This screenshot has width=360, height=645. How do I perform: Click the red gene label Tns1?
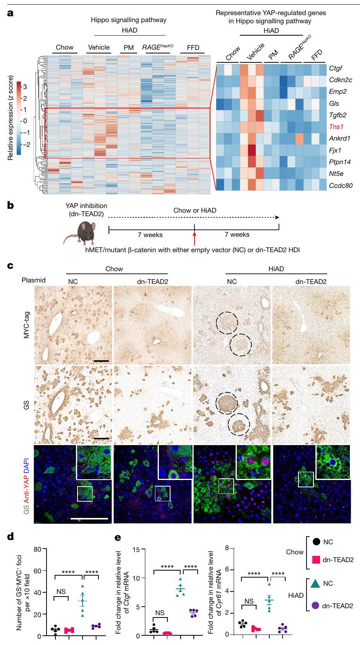click(x=337, y=127)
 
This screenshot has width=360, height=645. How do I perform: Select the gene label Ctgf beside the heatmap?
click(x=336, y=69)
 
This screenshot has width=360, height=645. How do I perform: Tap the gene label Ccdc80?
click(x=341, y=185)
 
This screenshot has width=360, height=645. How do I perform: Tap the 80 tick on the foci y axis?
click(x=38, y=549)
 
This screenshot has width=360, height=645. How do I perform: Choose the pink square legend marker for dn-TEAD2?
click(x=316, y=559)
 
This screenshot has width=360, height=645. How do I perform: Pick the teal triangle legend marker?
click(x=316, y=583)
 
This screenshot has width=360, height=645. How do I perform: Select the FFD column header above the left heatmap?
click(x=193, y=48)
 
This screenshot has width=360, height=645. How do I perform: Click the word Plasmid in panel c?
click(x=34, y=280)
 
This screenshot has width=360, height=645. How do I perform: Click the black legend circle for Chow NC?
click(x=316, y=542)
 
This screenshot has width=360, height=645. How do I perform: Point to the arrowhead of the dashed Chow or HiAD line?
click(x=277, y=217)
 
